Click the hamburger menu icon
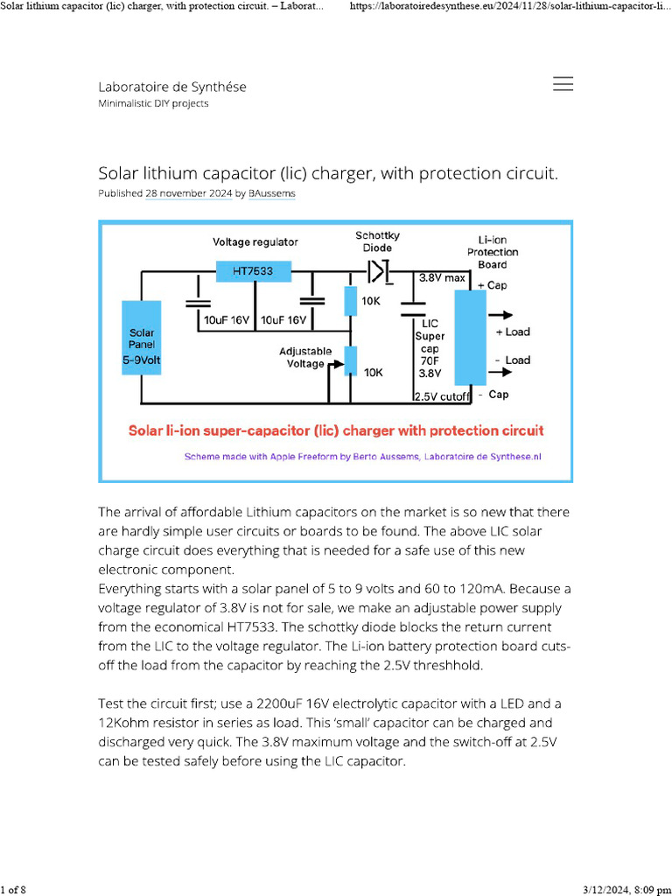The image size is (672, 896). tap(563, 84)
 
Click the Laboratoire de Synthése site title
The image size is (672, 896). tap(171, 87)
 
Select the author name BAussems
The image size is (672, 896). tap(271, 192)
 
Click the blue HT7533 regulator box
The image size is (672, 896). tap(253, 271)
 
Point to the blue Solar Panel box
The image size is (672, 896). tap(142, 338)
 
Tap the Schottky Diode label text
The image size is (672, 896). tap(377, 241)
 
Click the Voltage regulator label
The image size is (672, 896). tap(255, 241)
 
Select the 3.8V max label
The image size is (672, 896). tap(442, 277)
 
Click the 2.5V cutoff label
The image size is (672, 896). tap(442, 396)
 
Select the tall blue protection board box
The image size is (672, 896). tap(471, 338)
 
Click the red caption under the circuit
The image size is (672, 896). tap(336, 430)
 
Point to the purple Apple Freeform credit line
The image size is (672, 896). tap(363, 456)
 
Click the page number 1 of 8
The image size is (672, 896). tap(14, 890)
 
